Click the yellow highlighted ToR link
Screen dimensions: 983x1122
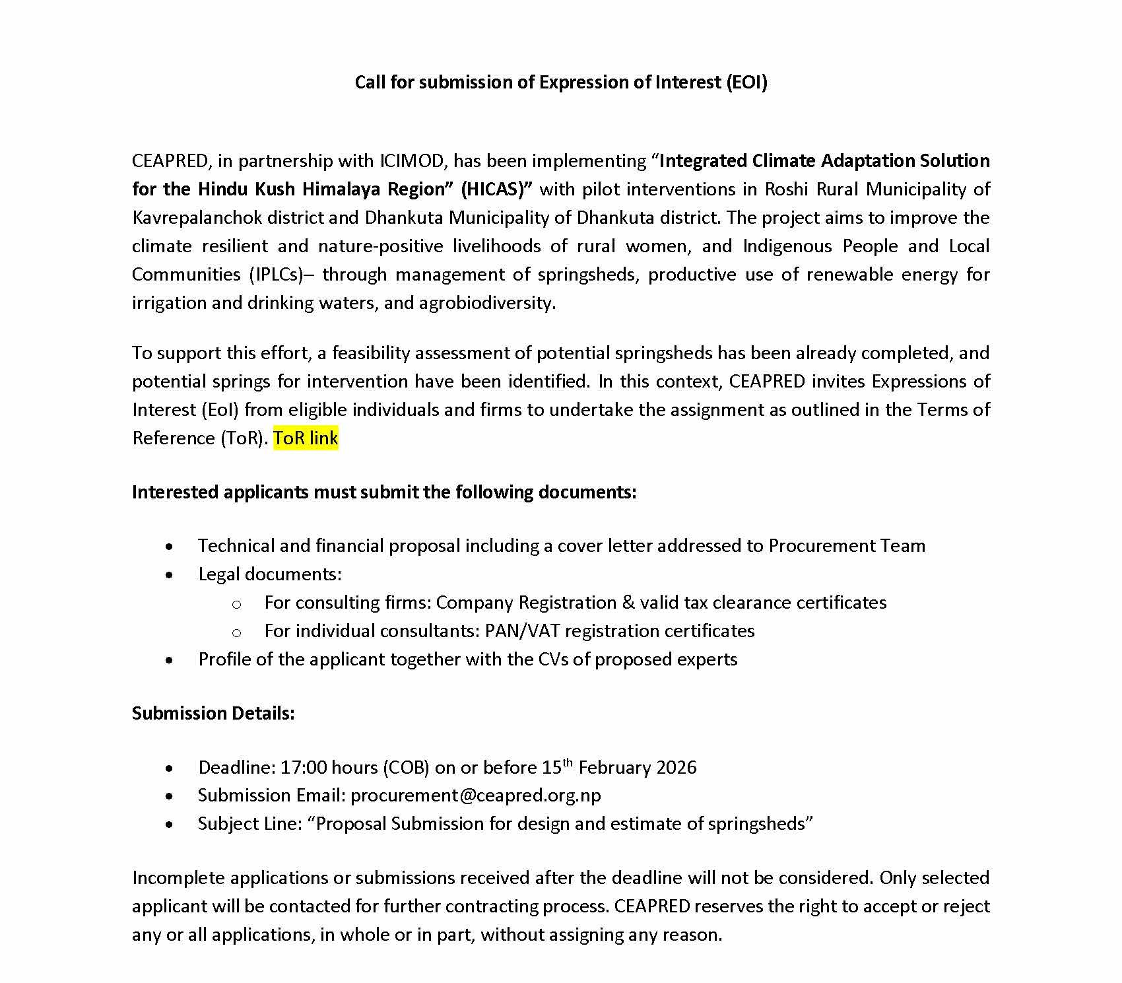tap(306, 438)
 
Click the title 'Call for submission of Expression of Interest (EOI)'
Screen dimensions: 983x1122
tap(561, 82)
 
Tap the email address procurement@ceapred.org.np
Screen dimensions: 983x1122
tap(475, 795)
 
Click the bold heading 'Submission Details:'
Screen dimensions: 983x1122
tap(213, 713)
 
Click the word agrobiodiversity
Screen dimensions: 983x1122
tap(487, 302)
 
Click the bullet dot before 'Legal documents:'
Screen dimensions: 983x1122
tap(170, 574)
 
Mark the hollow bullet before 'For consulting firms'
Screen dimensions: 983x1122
tap(236, 603)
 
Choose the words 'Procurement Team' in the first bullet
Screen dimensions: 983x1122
tap(847, 545)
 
